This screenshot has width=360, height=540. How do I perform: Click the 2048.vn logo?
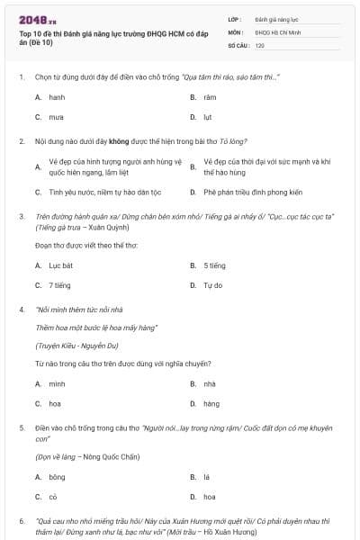tap(38, 19)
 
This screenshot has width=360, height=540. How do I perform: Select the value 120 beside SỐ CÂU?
tap(259, 45)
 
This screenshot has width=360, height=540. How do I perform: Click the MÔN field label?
tap(235, 31)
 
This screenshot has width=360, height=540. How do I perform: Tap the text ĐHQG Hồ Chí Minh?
tap(274, 31)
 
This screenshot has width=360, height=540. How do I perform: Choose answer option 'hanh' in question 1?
tap(57, 96)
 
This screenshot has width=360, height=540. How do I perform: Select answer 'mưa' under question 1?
tap(56, 117)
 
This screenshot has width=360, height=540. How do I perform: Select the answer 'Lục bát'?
tap(60, 265)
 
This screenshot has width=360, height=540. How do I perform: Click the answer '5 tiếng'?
tap(214, 265)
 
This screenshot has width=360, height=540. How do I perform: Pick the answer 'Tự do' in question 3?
tap(212, 285)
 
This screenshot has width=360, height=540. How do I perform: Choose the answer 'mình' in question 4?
tap(57, 383)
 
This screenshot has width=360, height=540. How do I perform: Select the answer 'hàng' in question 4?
tap(211, 404)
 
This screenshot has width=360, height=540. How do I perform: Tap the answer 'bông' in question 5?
tap(58, 476)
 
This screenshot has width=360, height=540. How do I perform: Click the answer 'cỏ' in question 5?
tap(53, 497)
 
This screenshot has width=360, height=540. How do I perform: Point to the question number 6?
tap(22, 521)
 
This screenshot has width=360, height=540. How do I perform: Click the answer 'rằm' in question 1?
tap(210, 96)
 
